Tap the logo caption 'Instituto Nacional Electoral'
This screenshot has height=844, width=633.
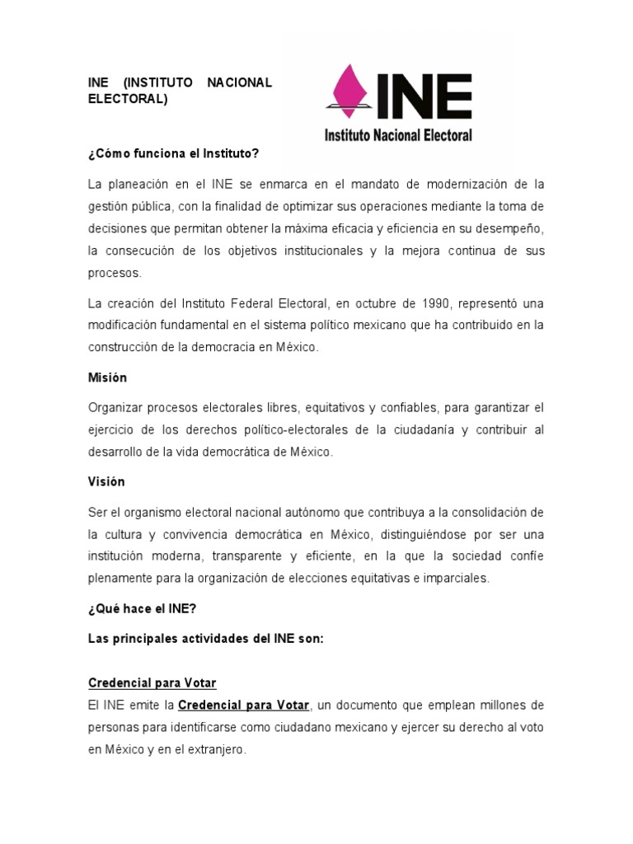pyautogui.click(x=398, y=134)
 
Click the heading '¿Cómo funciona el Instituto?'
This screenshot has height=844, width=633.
pyautogui.click(x=174, y=153)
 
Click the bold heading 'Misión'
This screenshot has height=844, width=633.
pyautogui.click(x=108, y=377)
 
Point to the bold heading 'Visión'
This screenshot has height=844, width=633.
pyautogui.click(x=106, y=481)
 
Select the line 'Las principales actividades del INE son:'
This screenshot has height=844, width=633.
pyautogui.click(x=206, y=639)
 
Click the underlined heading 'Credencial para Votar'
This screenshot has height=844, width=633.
pyautogui.click(x=152, y=683)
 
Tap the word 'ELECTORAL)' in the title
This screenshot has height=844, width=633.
pyautogui.click(x=128, y=99)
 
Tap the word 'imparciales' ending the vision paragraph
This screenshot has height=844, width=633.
pyautogui.click(x=456, y=578)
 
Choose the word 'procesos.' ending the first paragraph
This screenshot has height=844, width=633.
pyautogui.click(x=115, y=273)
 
